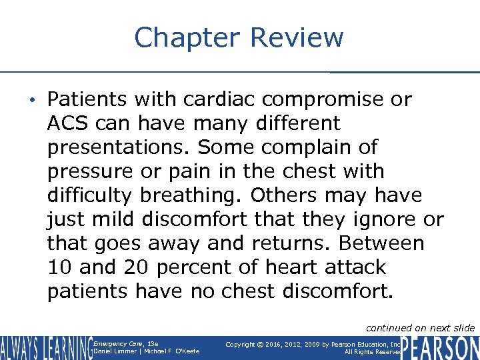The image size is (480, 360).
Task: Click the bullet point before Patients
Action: pos(39,101)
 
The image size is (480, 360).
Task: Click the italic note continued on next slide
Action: pos(421,327)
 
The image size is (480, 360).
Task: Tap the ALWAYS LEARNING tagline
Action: pos(45,347)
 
